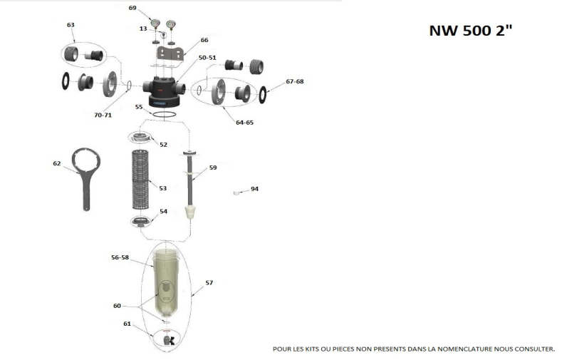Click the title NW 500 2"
[470, 31]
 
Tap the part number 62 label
[57, 163]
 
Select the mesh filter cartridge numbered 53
[145, 179]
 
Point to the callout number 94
[254, 189]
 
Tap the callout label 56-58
[120, 258]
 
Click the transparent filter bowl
[166, 282]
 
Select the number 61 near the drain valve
[128, 324]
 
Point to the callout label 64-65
[244, 123]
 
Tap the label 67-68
[295, 82]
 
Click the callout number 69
[132, 8]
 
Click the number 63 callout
[71, 25]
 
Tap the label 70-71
[103, 115]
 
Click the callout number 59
[213, 168]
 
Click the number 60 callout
[118, 305]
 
